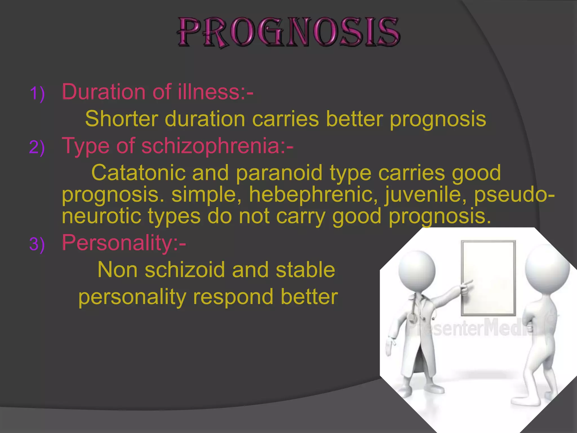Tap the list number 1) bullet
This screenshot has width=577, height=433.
[x=37, y=94]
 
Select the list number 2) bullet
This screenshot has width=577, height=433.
[x=37, y=147]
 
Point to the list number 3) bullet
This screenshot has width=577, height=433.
[x=37, y=244]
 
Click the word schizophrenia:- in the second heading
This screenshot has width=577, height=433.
[x=217, y=146]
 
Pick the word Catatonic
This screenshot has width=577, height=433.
[x=138, y=173]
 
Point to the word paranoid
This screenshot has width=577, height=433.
[x=279, y=173]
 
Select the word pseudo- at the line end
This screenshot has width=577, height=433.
[x=514, y=195]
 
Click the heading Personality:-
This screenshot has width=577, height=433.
[x=124, y=243]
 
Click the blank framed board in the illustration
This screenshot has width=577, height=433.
[x=488, y=278]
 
